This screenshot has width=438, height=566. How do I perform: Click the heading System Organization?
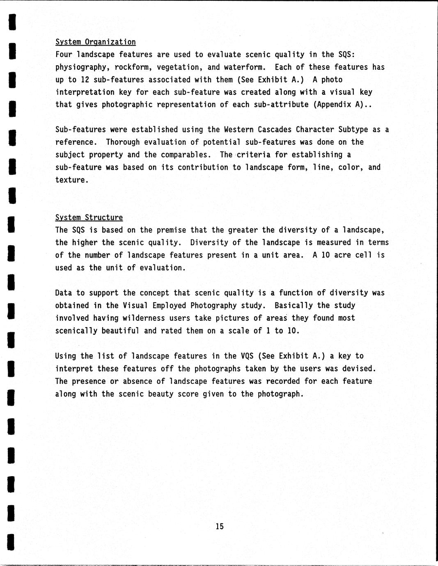tap(95, 42)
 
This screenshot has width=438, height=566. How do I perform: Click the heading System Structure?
tap(89, 217)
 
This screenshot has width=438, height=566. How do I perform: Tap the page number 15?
tap(220, 526)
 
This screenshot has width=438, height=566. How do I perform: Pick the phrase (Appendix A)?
tap(338, 105)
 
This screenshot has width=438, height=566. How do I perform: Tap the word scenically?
tap(76, 331)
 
